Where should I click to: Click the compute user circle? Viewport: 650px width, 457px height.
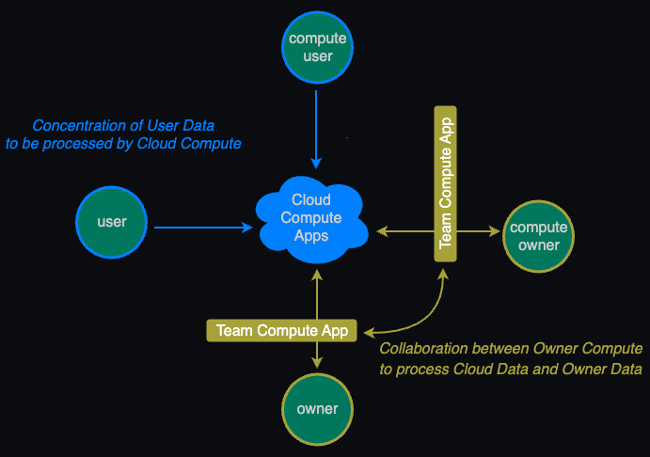(318, 48)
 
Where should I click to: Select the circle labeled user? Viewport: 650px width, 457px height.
(112, 222)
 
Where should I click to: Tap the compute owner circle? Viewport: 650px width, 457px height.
(538, 236)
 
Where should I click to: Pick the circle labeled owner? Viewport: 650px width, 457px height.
(317, 409)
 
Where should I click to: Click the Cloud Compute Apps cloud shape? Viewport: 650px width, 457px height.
(310, 218)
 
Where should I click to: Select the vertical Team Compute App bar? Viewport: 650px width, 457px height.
(446, 179)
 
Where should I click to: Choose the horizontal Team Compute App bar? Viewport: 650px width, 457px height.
(282, 330)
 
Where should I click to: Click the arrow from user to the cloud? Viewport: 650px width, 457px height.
(202, 228)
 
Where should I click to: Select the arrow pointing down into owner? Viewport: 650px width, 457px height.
(318, 355)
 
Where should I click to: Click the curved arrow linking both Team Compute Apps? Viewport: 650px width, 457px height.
(419, 315)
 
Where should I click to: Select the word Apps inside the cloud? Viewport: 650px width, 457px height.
(310, 236)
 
